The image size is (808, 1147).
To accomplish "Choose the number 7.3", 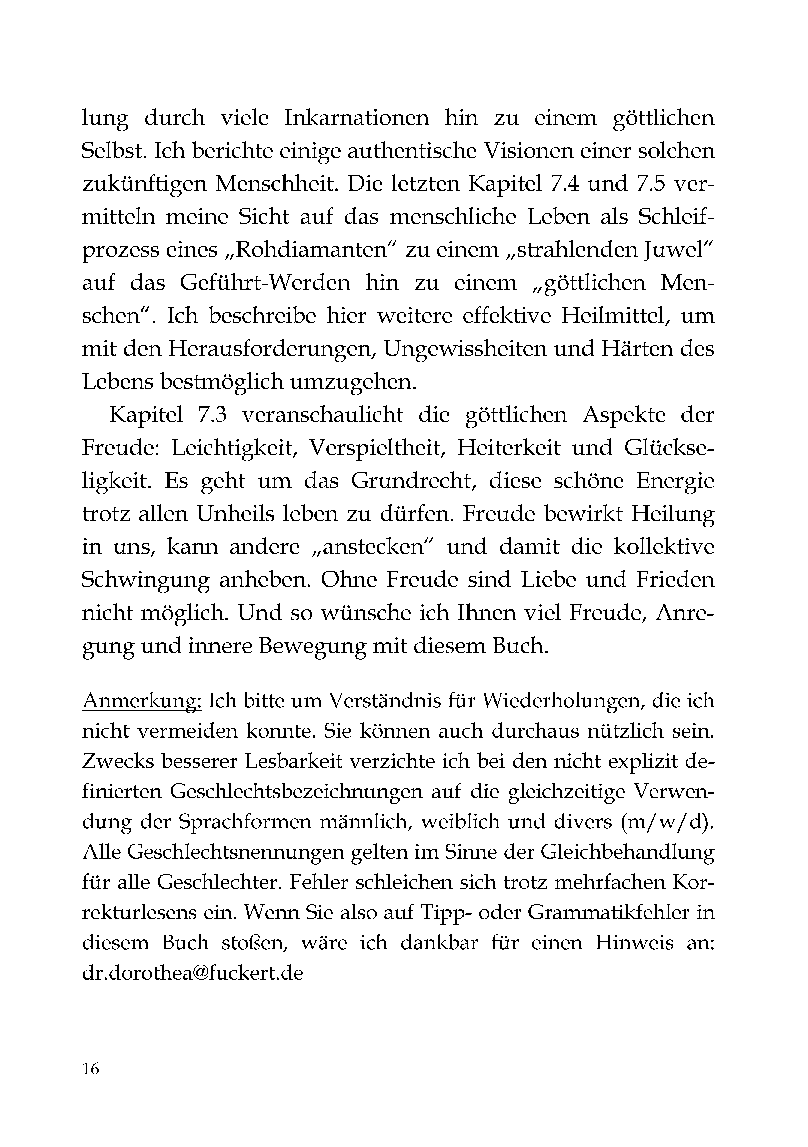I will pyautogui.click(x=212, y=415).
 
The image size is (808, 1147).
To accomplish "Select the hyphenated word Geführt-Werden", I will pyautogui.click(x=265, y=283).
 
